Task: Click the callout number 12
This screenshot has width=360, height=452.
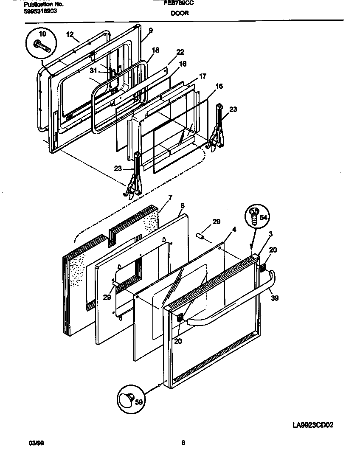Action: click(70, 34)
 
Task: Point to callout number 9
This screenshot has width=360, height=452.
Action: click(150, 31)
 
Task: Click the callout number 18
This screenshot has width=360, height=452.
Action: click(155, 50)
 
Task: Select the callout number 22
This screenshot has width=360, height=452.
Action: click(180, 52)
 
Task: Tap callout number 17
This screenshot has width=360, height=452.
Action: click(202, 76)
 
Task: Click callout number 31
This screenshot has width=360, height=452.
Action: click(94, 71)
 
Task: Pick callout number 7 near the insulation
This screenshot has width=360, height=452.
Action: click(170, 198)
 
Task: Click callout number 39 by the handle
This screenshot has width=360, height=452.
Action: click(275, 298)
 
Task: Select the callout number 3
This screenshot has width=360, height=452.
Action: click(270, 234)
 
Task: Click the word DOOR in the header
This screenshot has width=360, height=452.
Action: click(180, 13)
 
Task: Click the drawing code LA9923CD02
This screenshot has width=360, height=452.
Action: click(313, 425)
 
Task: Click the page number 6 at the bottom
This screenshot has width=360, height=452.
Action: click(183, 443)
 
